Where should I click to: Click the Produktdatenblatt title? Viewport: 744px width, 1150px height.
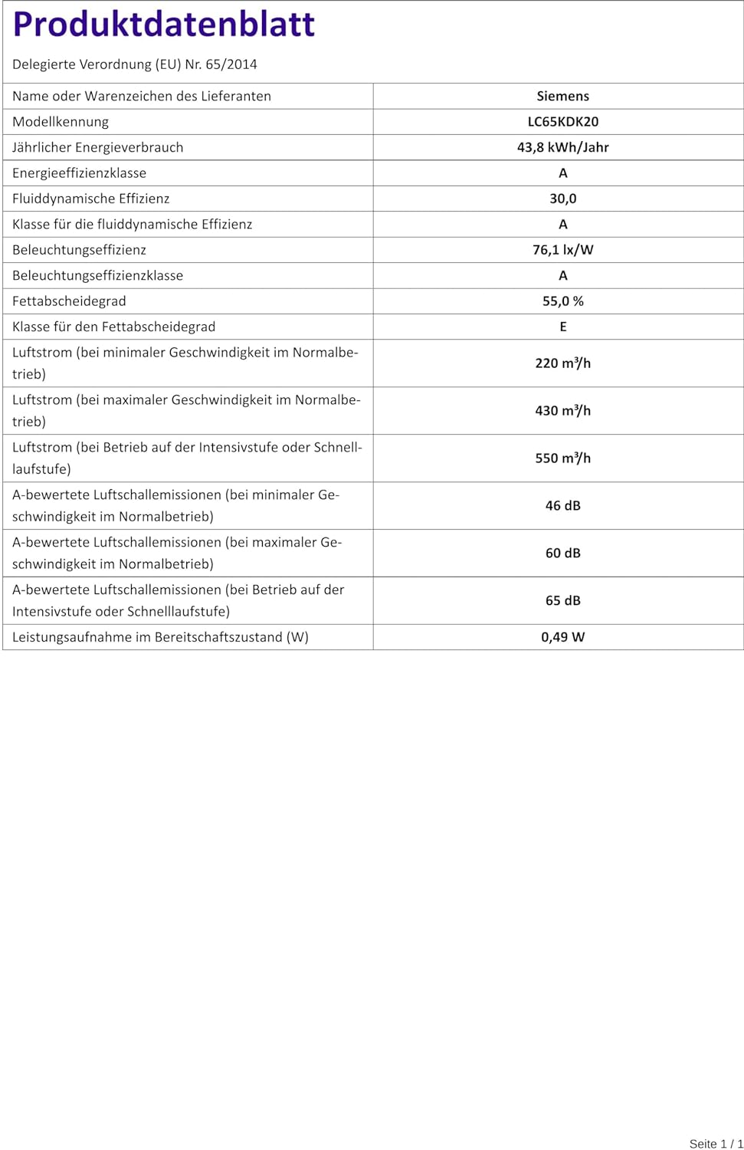click(x=164, y=25)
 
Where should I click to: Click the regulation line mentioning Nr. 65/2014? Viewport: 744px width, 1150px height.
click(x=135, y=64)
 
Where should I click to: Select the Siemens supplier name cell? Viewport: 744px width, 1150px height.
click(x=562, y=96)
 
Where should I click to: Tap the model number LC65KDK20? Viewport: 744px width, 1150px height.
click(x=562, y=121)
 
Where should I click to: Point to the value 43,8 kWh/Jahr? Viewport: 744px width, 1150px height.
click(x=562, y=147)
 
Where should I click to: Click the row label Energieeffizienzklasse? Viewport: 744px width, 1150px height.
click(x=80, y=173)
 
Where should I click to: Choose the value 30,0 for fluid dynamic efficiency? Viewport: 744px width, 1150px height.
click(x=562, y=199)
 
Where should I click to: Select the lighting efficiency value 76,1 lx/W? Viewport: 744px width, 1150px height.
click(x=562, y=250)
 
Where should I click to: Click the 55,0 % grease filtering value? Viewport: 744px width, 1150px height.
click(x=562, y=301)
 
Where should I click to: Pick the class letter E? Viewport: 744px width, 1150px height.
click(x=562, y=327)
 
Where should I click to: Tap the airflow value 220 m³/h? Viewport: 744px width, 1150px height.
click(x=562, y=363)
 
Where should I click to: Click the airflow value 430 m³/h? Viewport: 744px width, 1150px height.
click(x=562, y=411)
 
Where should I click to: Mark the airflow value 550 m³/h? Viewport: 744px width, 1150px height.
click(x=562, y=458)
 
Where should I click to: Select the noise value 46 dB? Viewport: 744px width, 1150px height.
click(x=562, y=506)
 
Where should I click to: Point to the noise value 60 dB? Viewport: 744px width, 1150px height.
click(x=562, y=554)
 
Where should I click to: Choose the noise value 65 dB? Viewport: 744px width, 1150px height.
click(x=562, y=601)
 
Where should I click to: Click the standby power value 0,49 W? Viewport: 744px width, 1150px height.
click(x=562, y=637)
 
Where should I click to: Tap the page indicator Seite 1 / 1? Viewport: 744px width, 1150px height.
click(x=716, y=1144)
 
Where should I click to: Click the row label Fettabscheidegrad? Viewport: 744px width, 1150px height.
click(x=69, y=301)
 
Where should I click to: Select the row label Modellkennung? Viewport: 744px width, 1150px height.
click(x=61, y=122)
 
